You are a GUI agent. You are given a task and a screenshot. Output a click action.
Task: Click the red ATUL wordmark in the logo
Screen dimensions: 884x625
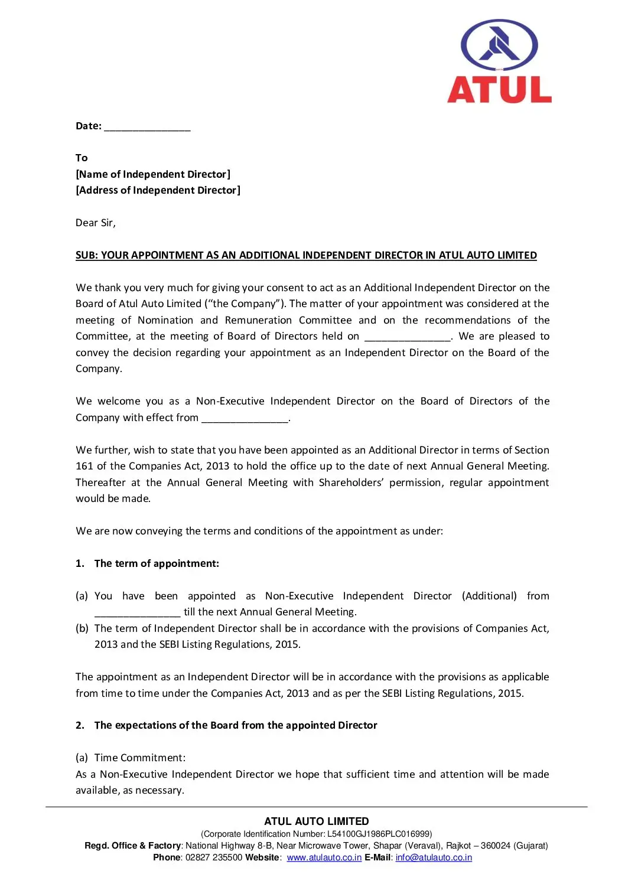pyautogui.click(x=499, y=90)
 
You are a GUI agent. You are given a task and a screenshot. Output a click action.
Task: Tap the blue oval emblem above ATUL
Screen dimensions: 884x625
pyautogui.click(x=499, y=45)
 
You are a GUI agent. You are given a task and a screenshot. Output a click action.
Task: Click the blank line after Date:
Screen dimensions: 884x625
pyautogui.click(x=147, y=127)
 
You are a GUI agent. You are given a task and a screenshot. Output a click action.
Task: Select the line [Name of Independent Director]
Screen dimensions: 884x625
pyautogui.click(x=153, y=174)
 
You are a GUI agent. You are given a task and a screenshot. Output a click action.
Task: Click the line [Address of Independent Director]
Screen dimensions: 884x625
pyautogui.click(x=158, y=190)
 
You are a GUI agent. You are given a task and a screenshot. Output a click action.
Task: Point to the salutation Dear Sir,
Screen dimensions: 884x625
pyautogui.click(x=96, y=223)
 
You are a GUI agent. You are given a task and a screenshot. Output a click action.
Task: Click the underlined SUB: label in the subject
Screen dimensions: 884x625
pyautogui.click(x=86, y=255)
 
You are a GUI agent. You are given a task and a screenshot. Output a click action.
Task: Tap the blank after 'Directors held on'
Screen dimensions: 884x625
pyautogui.click(x=408, y=337)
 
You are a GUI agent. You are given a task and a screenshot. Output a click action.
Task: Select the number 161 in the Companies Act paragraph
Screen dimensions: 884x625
pyautogui.click(x=84, y=466)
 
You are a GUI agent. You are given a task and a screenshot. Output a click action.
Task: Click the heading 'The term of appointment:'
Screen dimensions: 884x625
pyautogui.click(x=157, y=563)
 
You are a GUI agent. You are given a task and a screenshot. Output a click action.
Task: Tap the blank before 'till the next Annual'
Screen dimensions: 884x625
pyautogui.click(x=137, y=613)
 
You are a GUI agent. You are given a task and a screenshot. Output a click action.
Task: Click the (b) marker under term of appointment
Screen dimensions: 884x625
pyautogui.click(x=82, y=628)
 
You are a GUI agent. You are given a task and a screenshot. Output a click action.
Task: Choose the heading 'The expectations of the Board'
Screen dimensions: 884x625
pyautogui.click(x=236, y=725)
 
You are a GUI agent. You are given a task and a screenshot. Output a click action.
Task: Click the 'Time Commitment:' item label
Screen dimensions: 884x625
pyautogui.click(x=140, y=758)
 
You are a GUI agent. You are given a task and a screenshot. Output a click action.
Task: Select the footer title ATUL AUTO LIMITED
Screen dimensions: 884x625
pyautogui.click(x=317, y=821)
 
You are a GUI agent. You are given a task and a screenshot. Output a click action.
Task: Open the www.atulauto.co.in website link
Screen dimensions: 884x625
pyautogui.click(x=324, y=857)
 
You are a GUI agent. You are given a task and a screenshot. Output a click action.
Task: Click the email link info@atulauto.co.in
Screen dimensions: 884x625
pyautogui.click(x=434, y=857)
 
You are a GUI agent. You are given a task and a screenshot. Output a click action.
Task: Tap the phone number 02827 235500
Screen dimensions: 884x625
pyautogui.click(x=214, y=857)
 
